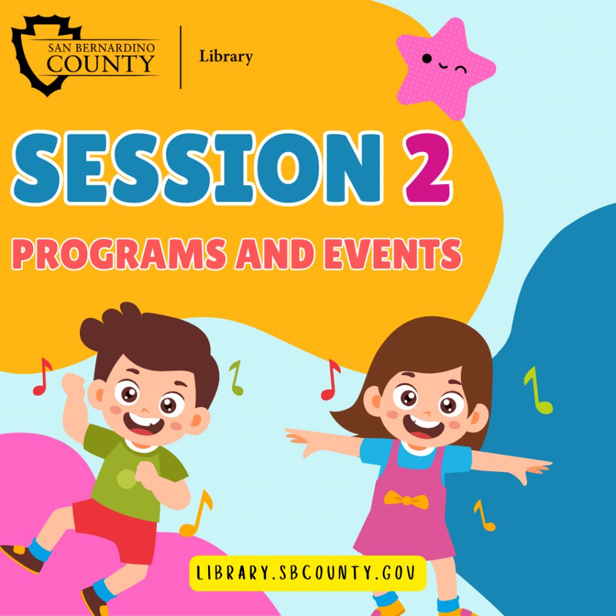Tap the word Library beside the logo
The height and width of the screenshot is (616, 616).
pyautogui.click(x=226, y=57)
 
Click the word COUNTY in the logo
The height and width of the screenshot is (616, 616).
pyautogui.click(x=101, y=62)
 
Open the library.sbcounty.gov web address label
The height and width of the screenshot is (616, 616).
pyautogui.click(x=307, y=573)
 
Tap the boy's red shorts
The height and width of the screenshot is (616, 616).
pyautogui.click(x=117, y=529)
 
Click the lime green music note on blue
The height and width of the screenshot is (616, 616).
pyautogui.click(x=537, y=391)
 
